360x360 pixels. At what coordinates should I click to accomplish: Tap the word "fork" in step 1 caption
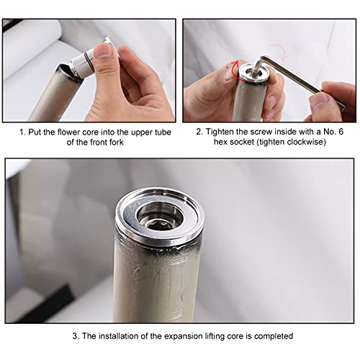[117, 143]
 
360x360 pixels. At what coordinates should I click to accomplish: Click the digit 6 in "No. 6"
[341, 132]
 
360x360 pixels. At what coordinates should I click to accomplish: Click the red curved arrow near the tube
[235, 70]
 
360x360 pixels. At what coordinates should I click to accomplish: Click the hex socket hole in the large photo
[159, 225]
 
